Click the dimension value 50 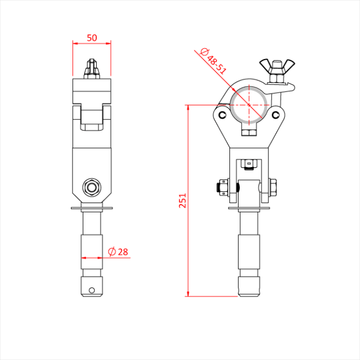coord(92,38)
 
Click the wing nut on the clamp coord(274,65)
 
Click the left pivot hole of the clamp coord(222,114)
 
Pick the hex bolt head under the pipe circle coord(249,132)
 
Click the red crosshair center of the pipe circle coord(249,104)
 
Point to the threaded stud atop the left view coord(92,69)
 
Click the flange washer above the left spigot coord(92,208)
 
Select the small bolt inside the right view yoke coord(249,164)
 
